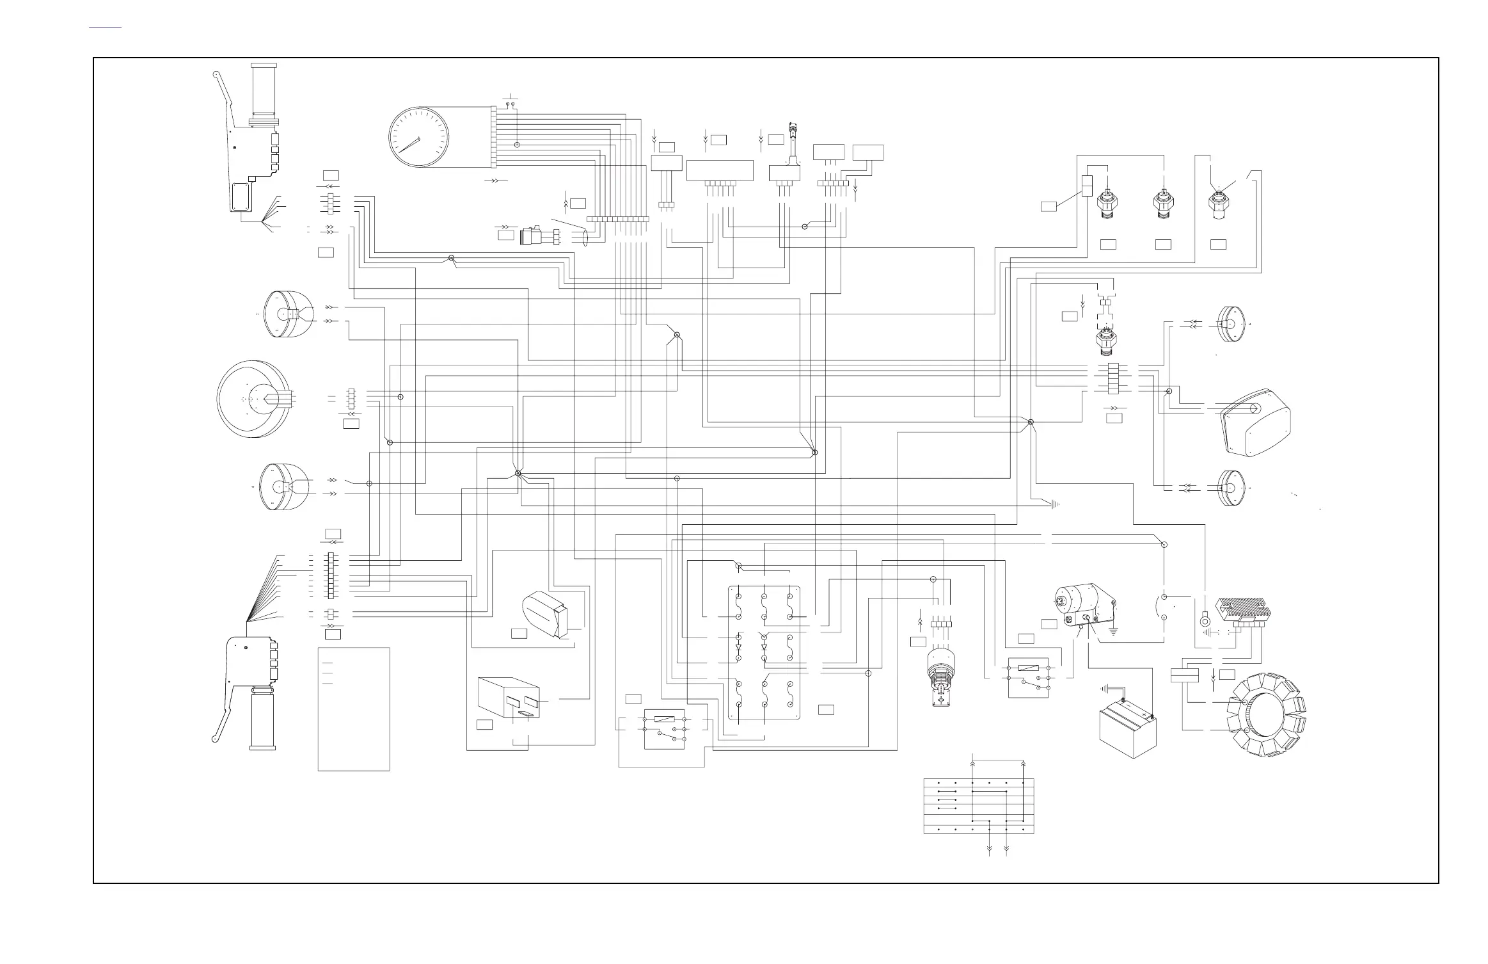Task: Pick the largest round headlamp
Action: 254,398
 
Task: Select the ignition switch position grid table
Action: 979,806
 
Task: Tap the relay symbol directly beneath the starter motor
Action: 1028,677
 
